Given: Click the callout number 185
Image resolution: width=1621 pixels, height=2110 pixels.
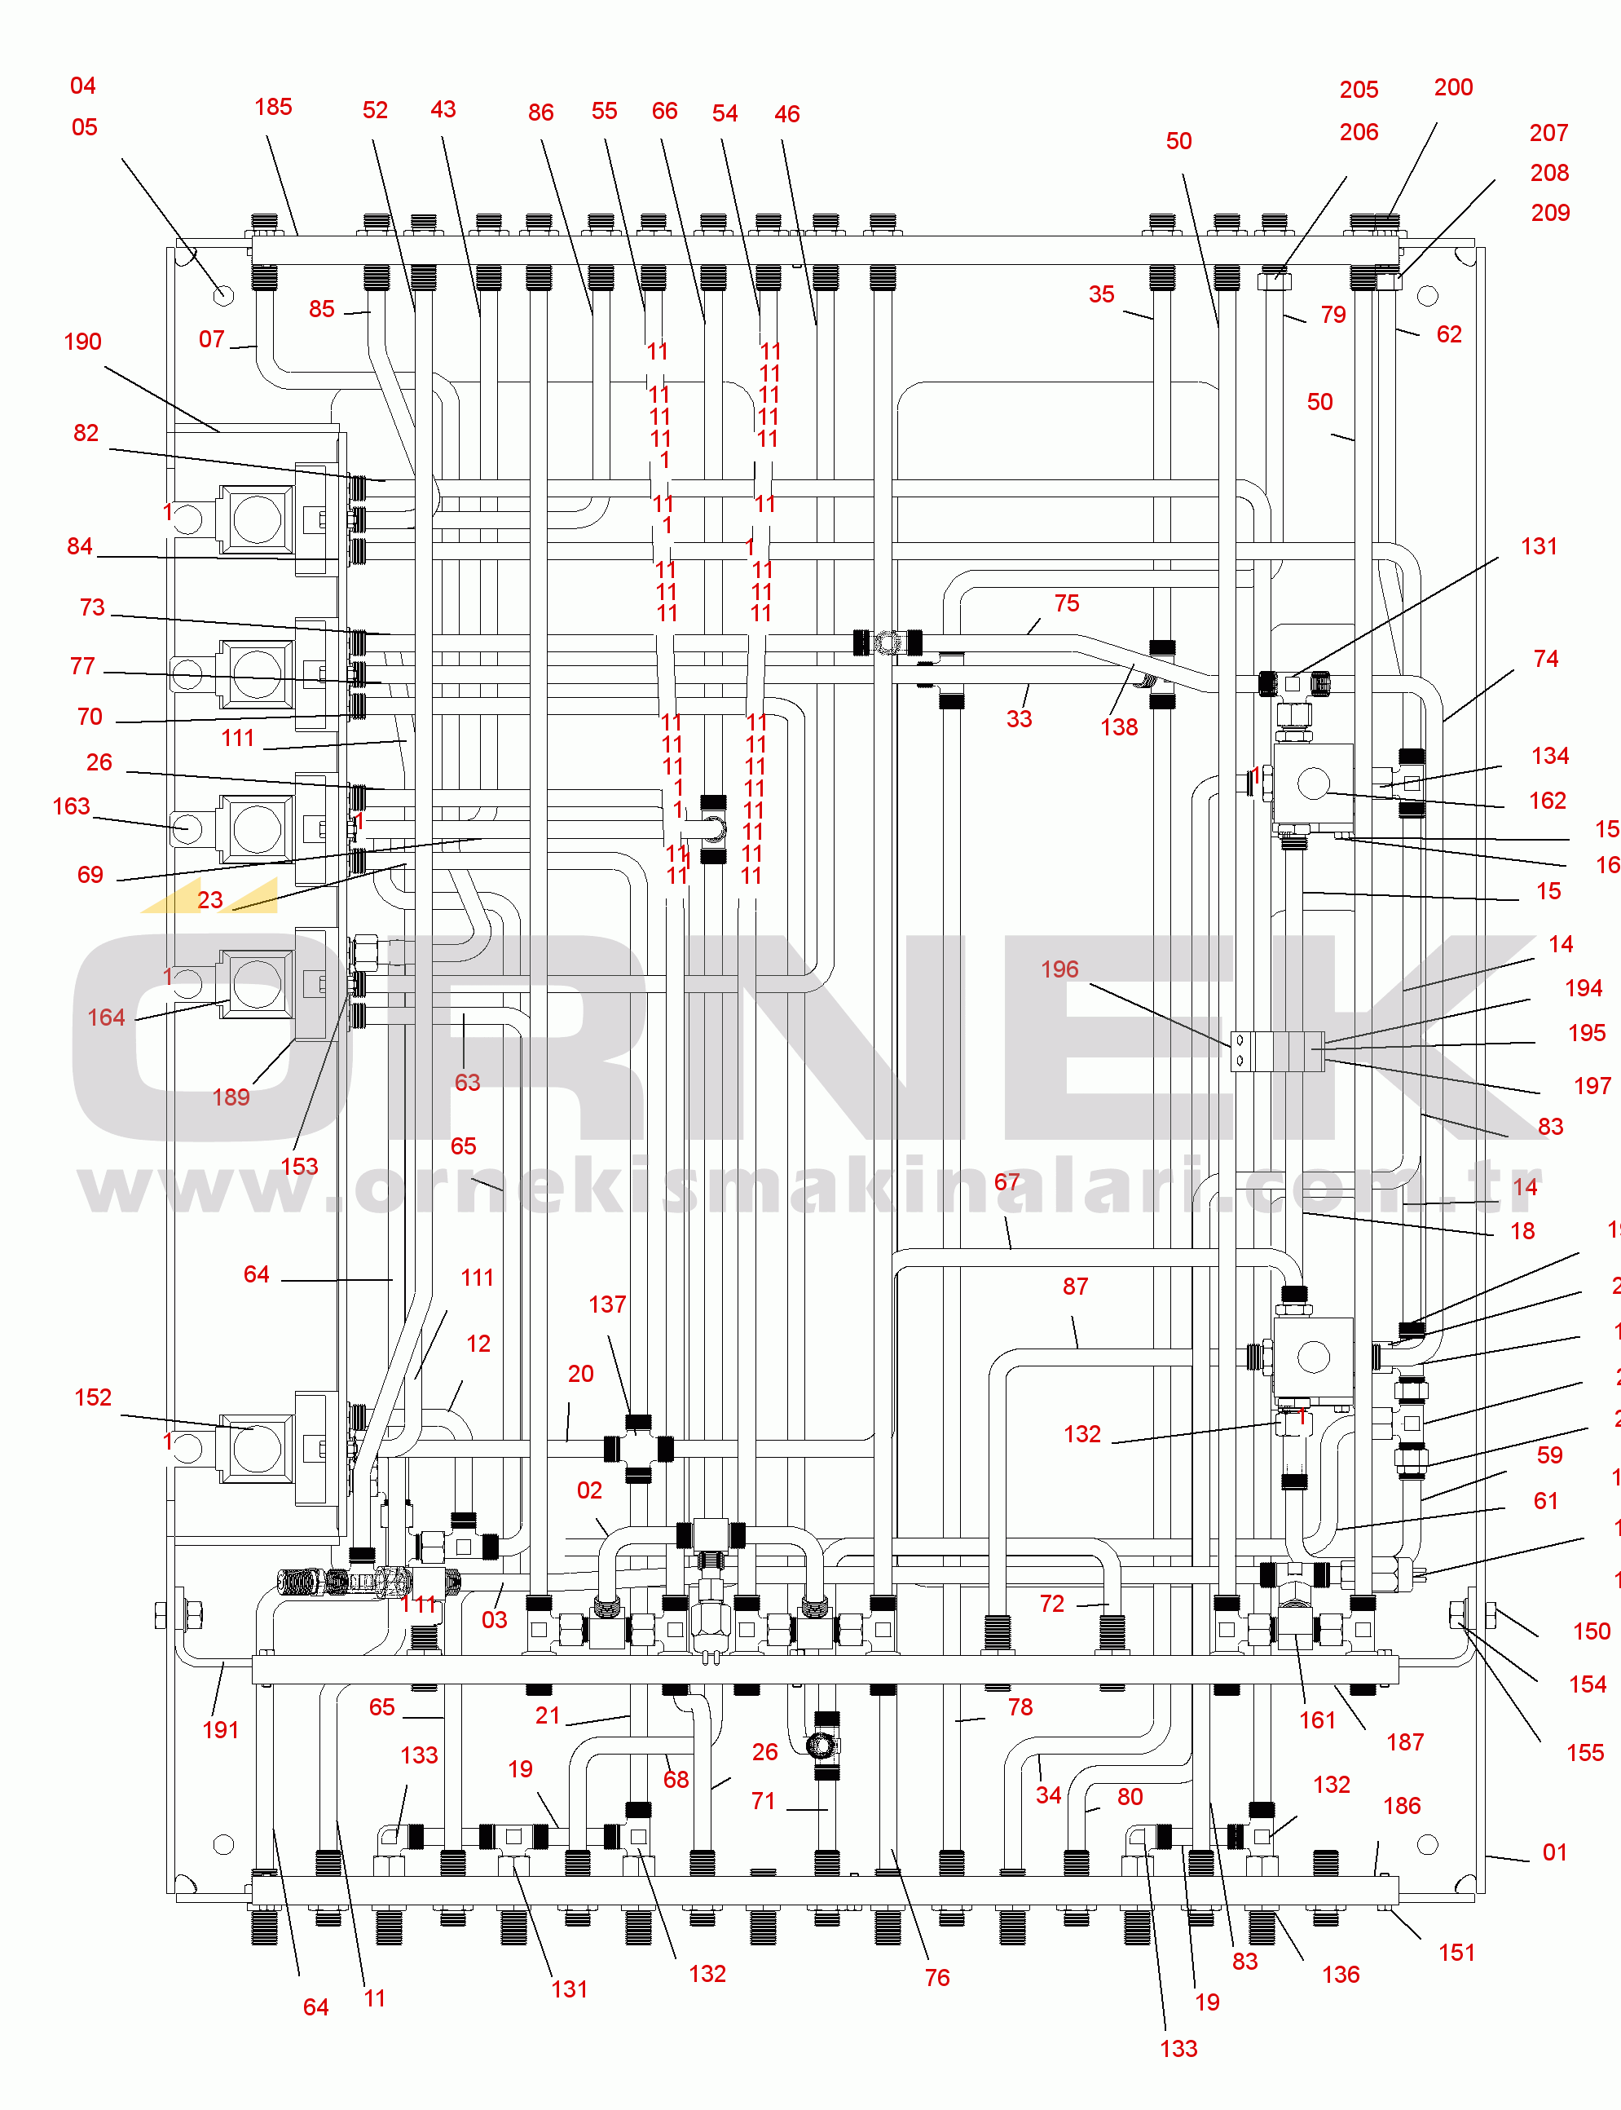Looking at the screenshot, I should pos(273,107).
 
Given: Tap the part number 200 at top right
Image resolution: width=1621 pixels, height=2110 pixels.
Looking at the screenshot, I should pos(1452,88).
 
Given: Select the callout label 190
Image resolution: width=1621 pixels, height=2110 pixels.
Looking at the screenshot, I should pos(83,342).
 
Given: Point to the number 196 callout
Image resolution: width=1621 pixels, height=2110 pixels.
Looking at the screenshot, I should pos(1059,969).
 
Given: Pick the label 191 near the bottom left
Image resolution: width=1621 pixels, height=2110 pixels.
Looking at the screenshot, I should pos(220,1730).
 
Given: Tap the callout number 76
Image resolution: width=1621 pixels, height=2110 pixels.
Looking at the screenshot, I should pos(937,1978).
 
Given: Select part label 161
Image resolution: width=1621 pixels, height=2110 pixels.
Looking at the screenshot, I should pos(1317,1720).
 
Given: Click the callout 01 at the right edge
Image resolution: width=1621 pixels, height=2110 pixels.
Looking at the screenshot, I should pos(1554,1852).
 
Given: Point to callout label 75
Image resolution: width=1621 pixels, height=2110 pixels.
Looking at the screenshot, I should pos(1066,603).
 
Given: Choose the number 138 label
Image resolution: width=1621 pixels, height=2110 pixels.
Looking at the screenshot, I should pos(1119,728).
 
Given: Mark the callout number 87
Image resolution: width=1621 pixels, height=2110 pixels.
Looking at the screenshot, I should pos(1075,1287).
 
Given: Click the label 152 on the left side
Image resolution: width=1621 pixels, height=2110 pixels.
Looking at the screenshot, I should pos(93,1397).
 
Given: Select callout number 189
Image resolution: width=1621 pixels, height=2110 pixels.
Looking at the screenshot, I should pos(231,1097).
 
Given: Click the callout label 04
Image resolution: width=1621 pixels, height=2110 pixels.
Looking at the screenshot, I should pos(83,86).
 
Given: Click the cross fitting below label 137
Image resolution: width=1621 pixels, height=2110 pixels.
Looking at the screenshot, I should pos(638,1448).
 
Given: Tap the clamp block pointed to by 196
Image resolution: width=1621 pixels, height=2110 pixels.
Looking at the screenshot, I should pos(1276,1051).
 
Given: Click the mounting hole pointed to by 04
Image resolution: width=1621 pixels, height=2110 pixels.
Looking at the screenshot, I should pos(222,295).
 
